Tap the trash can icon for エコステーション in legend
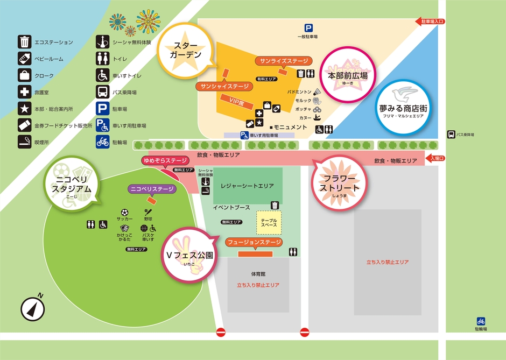[x=24, y=42]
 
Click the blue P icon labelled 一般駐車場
[x=308, y=29]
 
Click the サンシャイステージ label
[x=224, y=86]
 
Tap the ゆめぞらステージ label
[x=165, y=160]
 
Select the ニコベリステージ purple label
[x=151, y=189]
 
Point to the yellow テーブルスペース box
[x=269, y=222]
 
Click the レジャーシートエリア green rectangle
[x=251, y=186]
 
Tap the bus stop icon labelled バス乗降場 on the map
[x=451, y=135]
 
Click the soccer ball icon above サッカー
[x=125, y=212]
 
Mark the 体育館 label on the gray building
[x=258, y=274]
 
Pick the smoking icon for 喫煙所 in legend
[x=24, y=142]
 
